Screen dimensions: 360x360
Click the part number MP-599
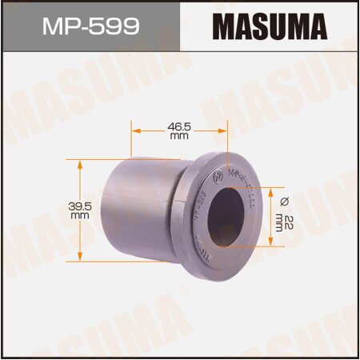(x=90, y=26)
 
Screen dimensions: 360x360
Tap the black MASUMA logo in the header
(x=270, y=26)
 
